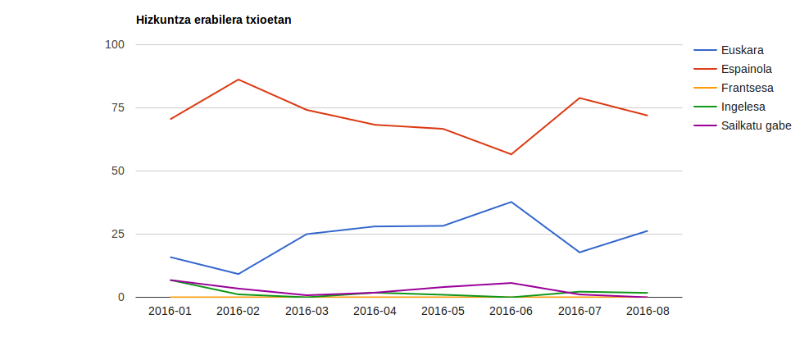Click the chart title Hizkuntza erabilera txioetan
click(x=213, y=20)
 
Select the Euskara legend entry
click(x=742, y=50)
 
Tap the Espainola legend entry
click(x=746, y=69)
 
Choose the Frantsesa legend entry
click(x=747, y=88)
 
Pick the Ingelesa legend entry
click(x=743, y=107)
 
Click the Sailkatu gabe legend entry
click(x=756, y=125)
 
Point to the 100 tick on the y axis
click(x=114, y=44)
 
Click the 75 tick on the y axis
click(x=117, y=107)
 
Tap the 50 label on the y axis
click(x=117, y=171)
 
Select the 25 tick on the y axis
click(x=117, y=234)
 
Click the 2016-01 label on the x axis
click(x=170, y=312)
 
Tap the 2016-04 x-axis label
click(x=375, y=312)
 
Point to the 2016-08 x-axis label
click(x=648, y=312)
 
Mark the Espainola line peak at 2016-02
click(x=239, y=80)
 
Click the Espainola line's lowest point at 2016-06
click(x=511, y=154)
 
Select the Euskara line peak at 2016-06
click(x=511, y=202)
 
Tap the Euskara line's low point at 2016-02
click(x=239, y=274)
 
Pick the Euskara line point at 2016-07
click(x=579, y=252)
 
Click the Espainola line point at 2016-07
click(x=579, y=98)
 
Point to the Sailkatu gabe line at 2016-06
click(x=511, y=283)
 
